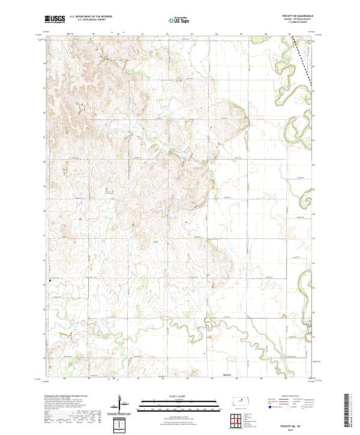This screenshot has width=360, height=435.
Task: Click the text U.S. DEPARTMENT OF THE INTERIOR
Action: [x=91, y=17]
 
